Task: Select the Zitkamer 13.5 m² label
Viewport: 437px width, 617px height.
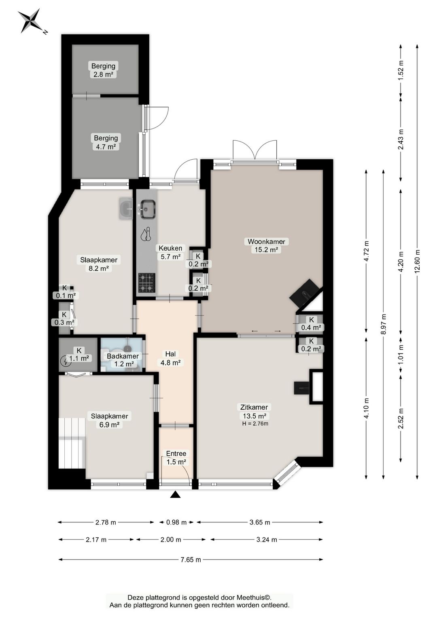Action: coord(254,412)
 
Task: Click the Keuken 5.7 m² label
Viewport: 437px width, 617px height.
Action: coord(170,252)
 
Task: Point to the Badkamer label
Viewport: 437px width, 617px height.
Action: coord(123,356)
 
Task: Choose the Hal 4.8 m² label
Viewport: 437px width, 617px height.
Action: coord(170,358)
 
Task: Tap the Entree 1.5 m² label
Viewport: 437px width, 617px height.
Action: coord(176,458)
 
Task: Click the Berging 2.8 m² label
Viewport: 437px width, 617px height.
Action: coord(103,70)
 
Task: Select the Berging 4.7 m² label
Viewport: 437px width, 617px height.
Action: coord(106,142)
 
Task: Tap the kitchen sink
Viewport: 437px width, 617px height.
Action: coord(148,209)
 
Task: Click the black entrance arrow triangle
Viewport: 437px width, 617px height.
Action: coord(175,494)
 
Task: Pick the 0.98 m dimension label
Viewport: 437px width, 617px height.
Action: coord(176,522)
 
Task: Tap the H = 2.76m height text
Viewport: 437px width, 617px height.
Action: coord(255,424)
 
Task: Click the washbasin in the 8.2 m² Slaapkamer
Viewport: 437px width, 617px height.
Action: coord(127,209)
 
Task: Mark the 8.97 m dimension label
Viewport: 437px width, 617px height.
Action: coord(383,324)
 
